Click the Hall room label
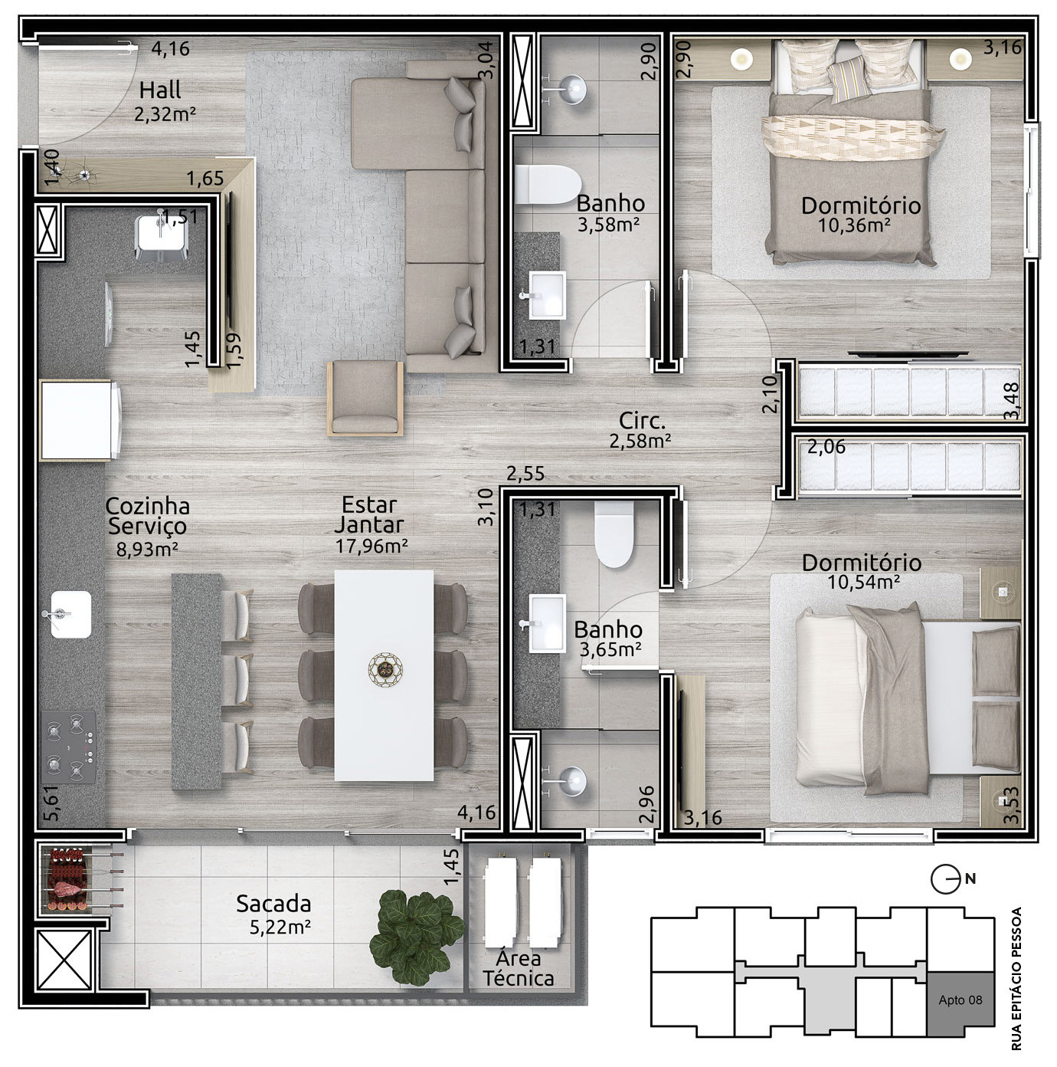pos(160,90)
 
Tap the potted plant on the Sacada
pos(416,937)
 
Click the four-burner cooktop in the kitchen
pos(69,747)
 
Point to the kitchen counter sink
pos(70,614)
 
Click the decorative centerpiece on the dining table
pos(385,671)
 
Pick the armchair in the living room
pos(365,398)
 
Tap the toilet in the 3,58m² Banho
pos(548,185)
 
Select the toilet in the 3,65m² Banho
pos(614,534)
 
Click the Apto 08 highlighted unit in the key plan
pos(960,1000)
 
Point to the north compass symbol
pos(945,879)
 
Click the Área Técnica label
pos(518,968)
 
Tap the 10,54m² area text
pos(863,582)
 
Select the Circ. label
pos(641,421)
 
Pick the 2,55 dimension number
pos(525,474)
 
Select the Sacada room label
pos(273,904)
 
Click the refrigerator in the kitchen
pos(80,420)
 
